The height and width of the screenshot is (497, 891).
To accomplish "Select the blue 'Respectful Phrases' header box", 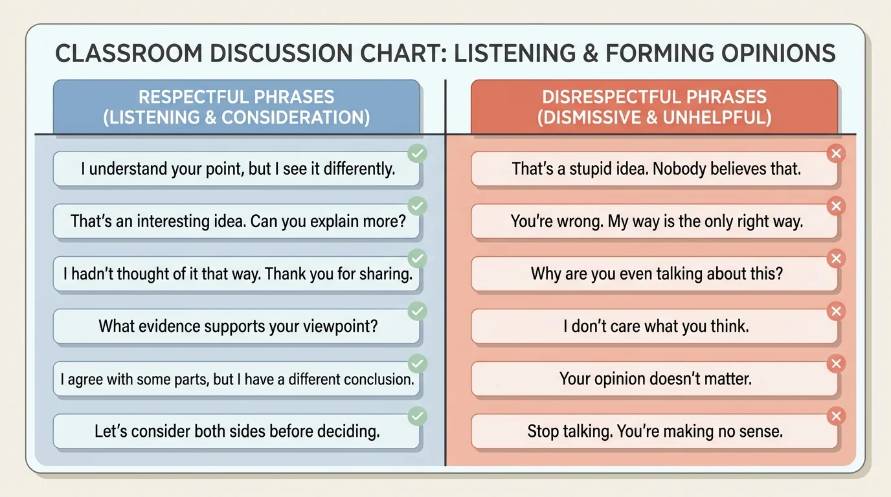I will [x=236, y=107].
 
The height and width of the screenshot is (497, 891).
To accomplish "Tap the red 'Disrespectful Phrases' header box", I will [x=654, y=107].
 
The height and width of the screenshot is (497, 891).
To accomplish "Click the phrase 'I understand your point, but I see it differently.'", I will [x=238, y=170].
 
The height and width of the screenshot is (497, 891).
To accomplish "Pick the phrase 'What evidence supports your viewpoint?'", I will [x=238, y=326].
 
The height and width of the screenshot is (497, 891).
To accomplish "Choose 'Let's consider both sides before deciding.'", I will [x=237, y=431].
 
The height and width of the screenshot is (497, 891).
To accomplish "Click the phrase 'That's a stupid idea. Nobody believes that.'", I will [x=656, y=170].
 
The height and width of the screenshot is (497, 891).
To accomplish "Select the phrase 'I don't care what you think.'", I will [x=656, y=326].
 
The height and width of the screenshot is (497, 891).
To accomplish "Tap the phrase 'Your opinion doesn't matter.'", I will [x=655, y=379].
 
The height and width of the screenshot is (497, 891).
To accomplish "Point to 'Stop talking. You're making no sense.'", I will [x=655, y=431].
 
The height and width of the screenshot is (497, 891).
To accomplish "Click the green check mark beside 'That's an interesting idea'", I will [x=418, y=206].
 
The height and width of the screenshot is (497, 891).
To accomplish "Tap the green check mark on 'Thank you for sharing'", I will [x=418, y=259].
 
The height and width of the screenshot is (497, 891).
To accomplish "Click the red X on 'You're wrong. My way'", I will [x=837, y=206].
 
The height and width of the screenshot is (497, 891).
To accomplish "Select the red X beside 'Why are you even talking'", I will [x=837, y=259].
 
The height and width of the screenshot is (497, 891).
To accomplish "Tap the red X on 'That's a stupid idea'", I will [x=837, y=154].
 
